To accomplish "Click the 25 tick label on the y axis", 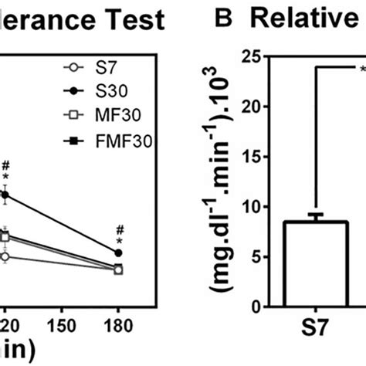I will (x=249, y=56).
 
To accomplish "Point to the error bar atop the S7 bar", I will (x=316, y=217).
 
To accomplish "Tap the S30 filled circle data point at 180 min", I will (x=118, y=252).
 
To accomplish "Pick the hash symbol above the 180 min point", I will (x=118, y=229).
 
